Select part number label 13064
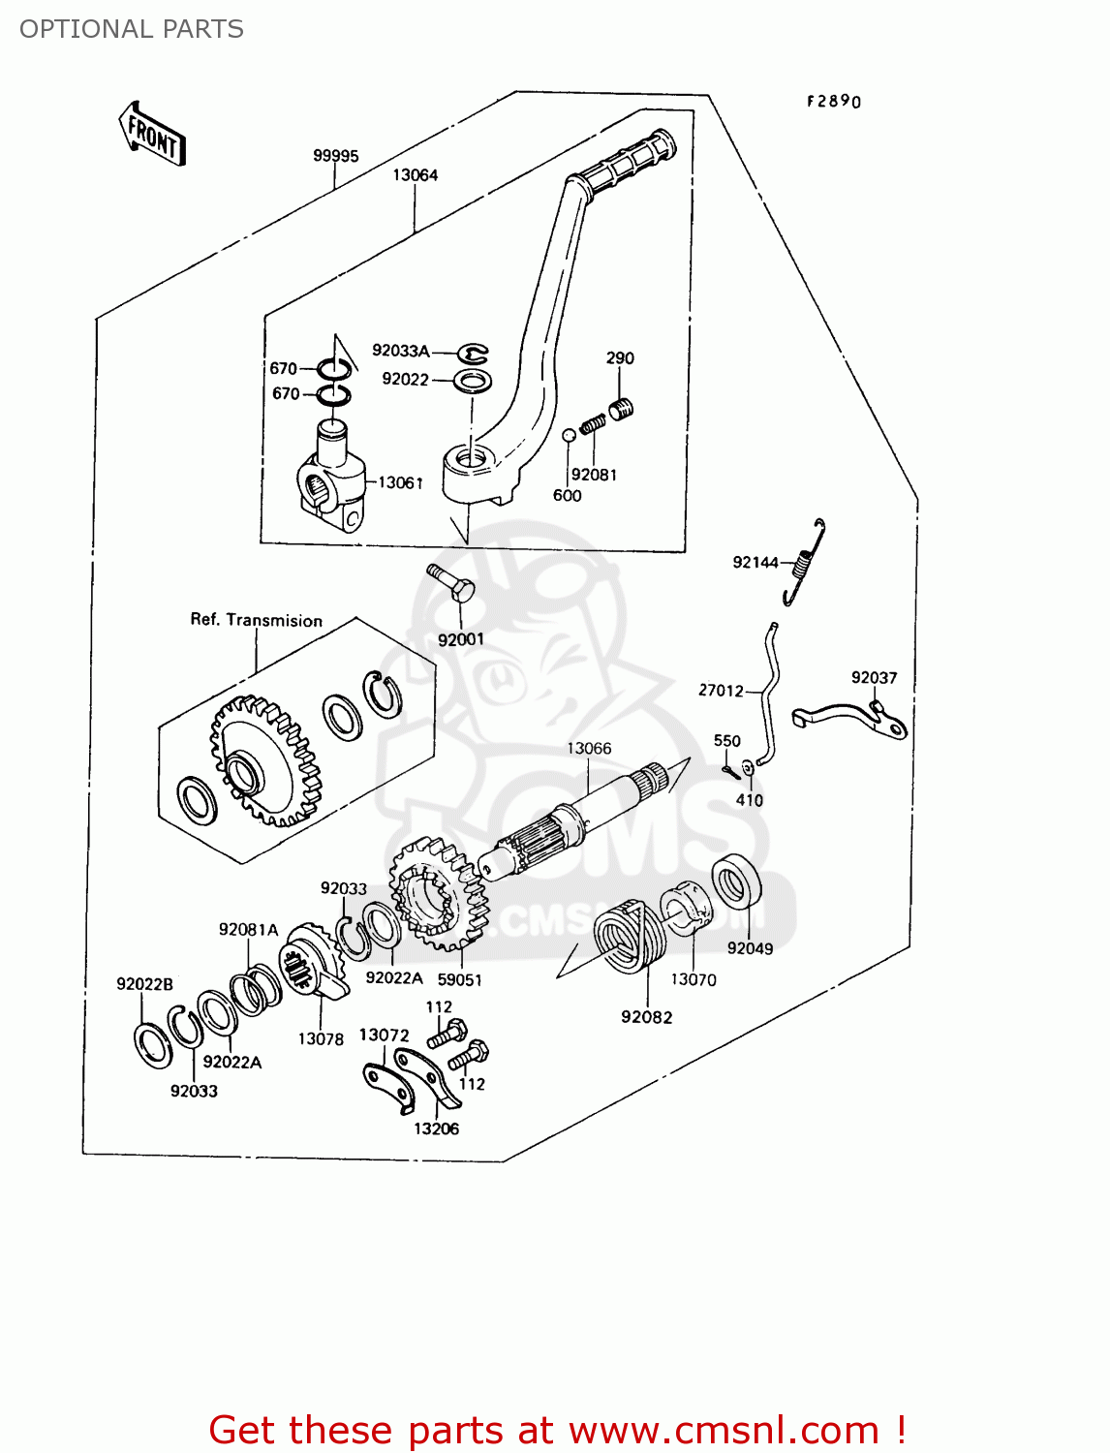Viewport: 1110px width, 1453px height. [415, 175]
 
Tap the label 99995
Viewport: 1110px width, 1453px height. [335, 156]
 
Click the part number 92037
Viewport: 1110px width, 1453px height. [874, 678]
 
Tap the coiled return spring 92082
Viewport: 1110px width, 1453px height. [629, 936]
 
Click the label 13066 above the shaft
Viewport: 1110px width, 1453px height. [589, 749]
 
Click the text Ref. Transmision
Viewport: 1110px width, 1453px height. [256, 620]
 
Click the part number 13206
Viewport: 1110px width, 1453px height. [436, 1128]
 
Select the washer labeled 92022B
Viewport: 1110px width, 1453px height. [152, 1044]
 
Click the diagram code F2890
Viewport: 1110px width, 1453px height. [834, 102]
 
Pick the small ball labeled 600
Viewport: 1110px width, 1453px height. [570, 435]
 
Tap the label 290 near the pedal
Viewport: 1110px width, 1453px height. [620, 358]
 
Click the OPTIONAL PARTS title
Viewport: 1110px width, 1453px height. [132, 29]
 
